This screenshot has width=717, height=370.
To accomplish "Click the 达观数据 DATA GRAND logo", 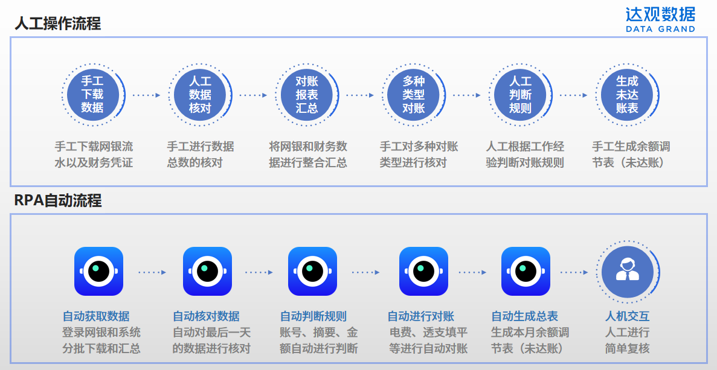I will point(660,19).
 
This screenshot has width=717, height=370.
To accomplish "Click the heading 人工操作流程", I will point(57,24).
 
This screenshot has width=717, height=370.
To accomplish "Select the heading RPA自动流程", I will point(58,200).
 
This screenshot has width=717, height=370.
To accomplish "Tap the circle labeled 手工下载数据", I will point(92,95).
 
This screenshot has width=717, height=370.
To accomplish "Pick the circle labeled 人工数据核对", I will point(200,95).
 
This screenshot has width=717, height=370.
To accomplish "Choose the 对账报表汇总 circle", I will point(307,95).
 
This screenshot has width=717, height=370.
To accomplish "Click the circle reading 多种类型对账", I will point(414,95).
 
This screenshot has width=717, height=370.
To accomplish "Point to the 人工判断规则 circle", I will point(520,95).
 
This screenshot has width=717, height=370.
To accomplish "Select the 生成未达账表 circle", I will point(627,95).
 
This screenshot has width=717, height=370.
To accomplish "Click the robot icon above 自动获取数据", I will point(98,272).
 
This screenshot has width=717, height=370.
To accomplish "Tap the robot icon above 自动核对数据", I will point(207,272).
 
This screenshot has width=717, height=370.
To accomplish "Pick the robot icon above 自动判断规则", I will point(312,272).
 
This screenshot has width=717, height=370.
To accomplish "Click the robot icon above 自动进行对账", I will point(423,272).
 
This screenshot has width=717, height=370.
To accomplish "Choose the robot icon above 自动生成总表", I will point(526,272).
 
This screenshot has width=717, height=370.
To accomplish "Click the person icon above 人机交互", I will point(628,272).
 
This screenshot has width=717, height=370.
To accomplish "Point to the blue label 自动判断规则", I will point(313,316).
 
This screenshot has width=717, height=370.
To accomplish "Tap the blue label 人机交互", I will point(627,316).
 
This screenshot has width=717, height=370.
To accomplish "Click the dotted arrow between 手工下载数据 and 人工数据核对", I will point(146,95).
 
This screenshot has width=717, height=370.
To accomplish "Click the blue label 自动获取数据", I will point(96,316).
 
